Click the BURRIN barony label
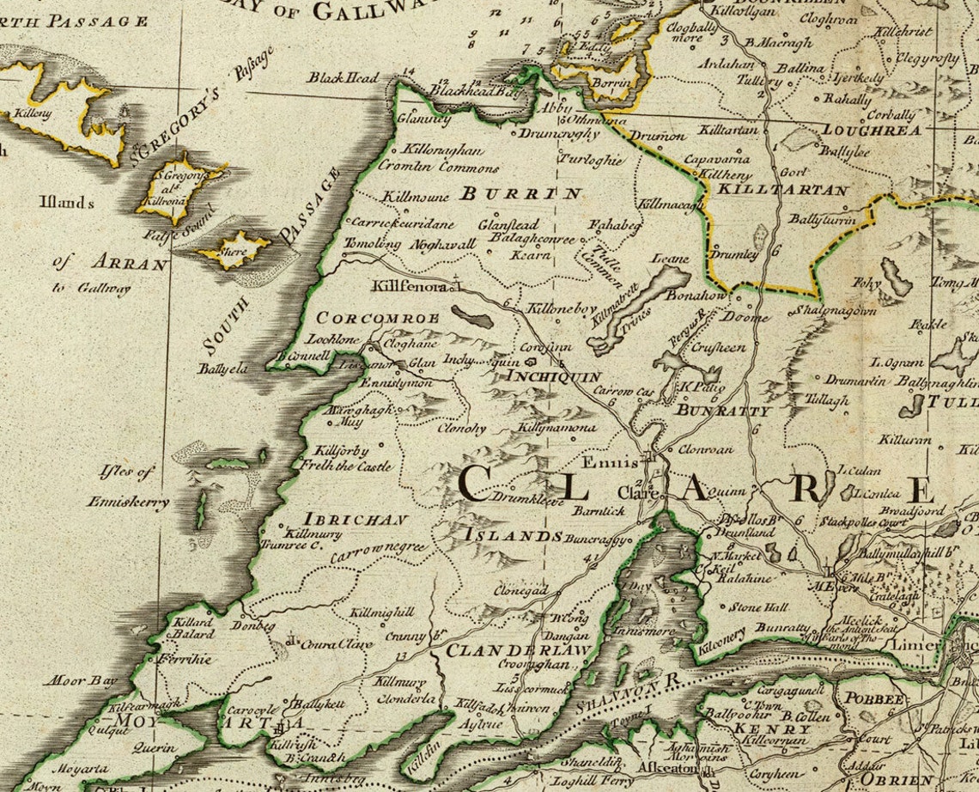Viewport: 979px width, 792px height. tap(521, 193)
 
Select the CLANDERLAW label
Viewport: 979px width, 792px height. tap(517, 650)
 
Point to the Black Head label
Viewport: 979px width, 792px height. tap(344, 78)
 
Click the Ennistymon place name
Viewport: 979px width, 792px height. tap(396, 382)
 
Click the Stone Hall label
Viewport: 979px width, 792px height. tap(758, 607)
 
